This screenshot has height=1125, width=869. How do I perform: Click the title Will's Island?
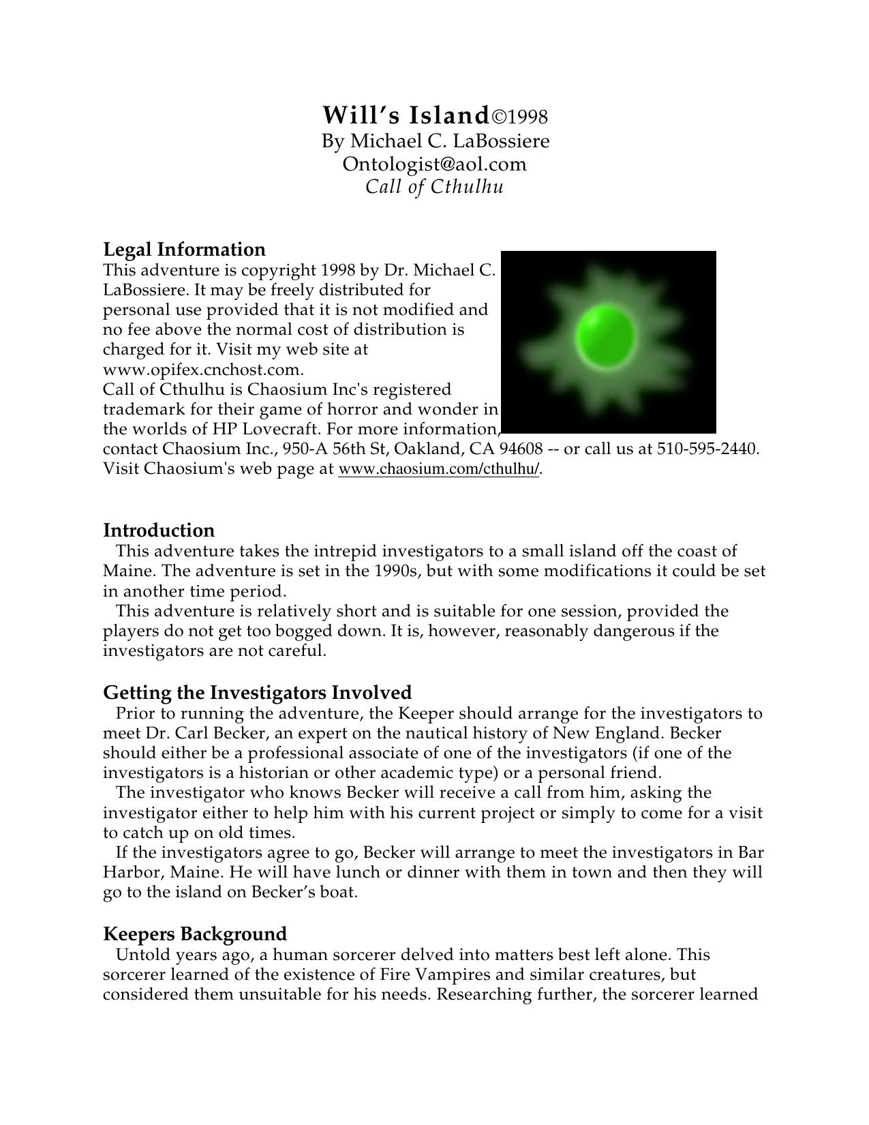tap(406, 115)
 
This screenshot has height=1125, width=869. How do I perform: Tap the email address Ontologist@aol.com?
tap(434, 164)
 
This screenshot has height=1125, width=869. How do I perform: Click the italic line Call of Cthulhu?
tap(434, 187)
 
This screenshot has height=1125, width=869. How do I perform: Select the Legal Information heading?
tap(184, 249)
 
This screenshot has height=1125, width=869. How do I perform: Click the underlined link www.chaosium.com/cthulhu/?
tap(439, 469)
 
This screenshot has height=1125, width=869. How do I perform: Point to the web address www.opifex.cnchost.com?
tap(202, 370)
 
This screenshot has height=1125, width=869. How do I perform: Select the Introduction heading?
tap(159, 530)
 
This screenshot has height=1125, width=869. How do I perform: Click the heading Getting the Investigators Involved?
tap(258, 693)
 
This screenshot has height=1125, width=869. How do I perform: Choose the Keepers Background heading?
tap(195, 934)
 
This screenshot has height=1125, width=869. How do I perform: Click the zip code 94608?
tap(521, 449)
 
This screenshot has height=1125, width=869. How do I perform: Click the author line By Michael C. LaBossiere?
tap(436, 141)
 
